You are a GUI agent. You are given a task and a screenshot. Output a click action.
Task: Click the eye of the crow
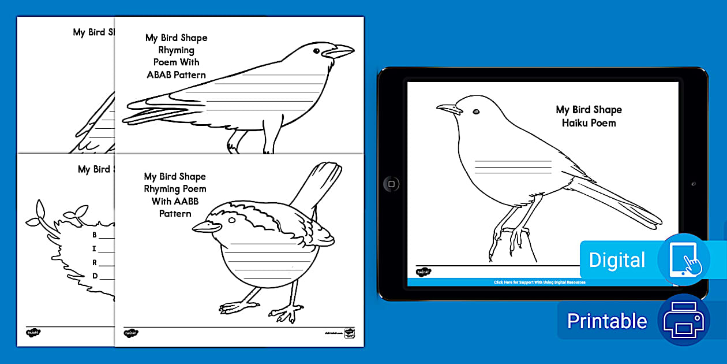pyautogui.click(x=316, y=51)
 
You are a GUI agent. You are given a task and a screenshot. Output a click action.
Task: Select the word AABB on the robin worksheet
pyautogui.click(x=192, y=201)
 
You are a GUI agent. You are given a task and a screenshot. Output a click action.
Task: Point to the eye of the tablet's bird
pyautogui.click(x=476, y=112)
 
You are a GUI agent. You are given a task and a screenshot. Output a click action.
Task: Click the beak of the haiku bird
pyautogui.click(x=447, y=108)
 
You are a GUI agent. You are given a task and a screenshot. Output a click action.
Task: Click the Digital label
pyautogui.click(x=617, y=260)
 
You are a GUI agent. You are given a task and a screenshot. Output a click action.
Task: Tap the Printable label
pyautogui.click(x=606, y=321)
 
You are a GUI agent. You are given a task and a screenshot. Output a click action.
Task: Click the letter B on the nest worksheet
pyautogui.click(x=95, y=235)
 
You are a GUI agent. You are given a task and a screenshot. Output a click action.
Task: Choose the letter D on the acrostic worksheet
pyautogui.click(x=95, y=276)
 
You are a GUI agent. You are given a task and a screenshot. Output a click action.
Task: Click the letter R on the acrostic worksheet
pyautogui.click(x=95, y=262)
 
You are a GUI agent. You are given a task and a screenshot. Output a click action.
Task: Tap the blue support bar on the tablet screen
pyautogui.click(x=539, y=282)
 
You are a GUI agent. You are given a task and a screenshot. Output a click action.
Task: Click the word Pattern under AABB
pyautogui.click(x=175, y=213)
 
